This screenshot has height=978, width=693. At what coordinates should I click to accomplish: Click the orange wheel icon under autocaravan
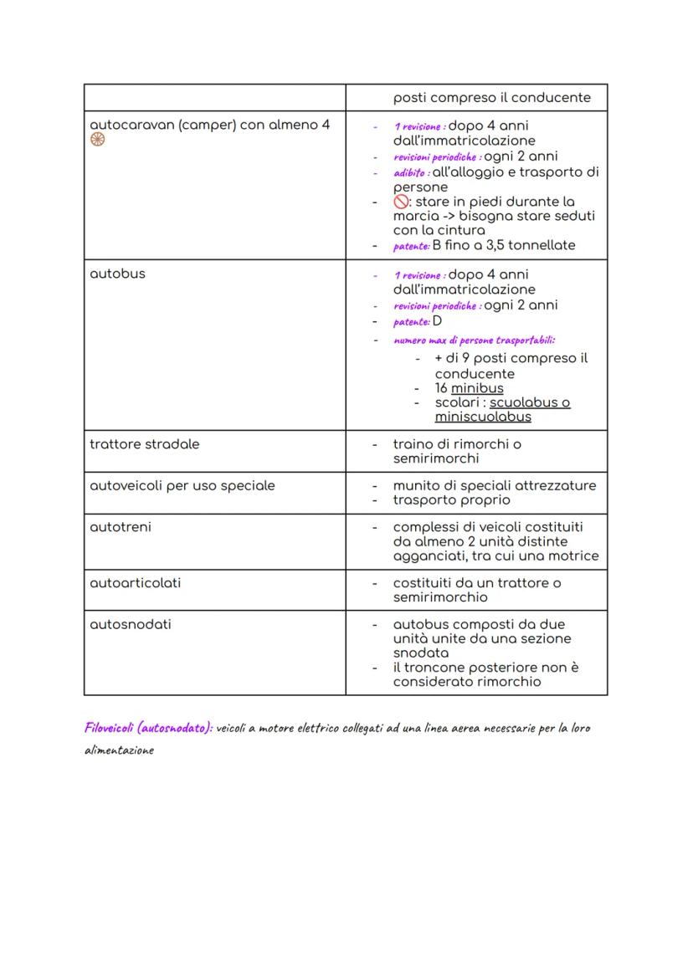pos(97,141)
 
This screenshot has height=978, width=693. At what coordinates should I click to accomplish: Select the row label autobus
pos(117,274)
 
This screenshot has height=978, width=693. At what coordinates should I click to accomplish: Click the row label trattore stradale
pos(144,444)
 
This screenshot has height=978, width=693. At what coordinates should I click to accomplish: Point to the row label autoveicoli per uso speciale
pos(182,486)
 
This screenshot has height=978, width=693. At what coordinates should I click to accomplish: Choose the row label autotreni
pos(120,527)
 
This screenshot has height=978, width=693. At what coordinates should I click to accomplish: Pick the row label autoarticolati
pos(133,582)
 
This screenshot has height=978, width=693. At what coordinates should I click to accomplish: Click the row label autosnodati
pos(130,624)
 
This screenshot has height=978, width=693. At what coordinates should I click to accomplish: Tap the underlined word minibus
pos(477,388)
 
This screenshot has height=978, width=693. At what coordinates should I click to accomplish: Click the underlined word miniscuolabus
pos(482,417)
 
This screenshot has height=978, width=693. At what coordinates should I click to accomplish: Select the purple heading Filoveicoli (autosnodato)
pos(148,728)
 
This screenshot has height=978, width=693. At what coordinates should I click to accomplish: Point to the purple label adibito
pos(410,172)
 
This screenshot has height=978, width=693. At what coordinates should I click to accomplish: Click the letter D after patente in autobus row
pos(437,321)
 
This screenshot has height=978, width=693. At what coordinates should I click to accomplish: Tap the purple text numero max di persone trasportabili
pos(475,341)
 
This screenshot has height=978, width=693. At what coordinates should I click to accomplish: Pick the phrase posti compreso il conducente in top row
pos(491,98)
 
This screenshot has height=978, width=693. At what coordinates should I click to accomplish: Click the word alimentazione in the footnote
pos(119,750)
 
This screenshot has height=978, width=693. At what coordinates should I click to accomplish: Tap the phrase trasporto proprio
pos(451,500)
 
